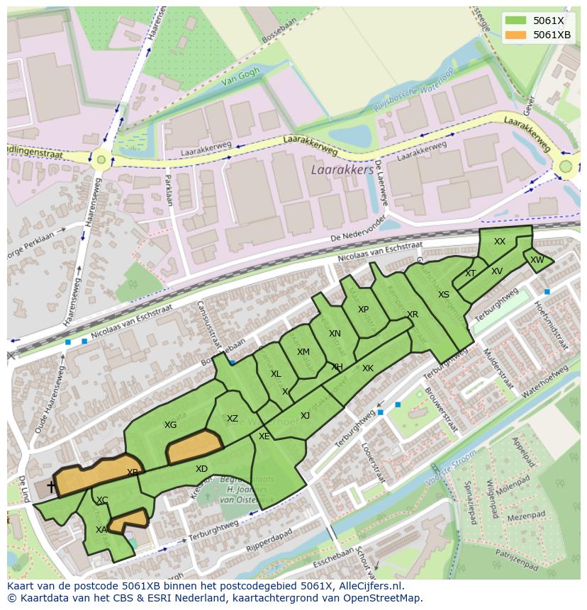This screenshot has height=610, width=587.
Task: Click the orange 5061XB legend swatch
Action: click(x=516, y=35)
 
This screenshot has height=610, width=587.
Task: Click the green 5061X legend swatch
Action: click(x=516, y=21)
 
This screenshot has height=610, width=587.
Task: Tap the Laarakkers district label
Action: click(x=342, y=171)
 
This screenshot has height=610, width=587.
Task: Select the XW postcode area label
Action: click(x=537, y=260)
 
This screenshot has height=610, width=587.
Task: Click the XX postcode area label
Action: click(x=500, y=242)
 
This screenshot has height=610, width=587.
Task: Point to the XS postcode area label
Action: click(x=443, y=295)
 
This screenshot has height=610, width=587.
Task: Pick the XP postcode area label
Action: click(x=363, y=310)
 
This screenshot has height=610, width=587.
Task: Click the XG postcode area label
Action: click(x=170, y=425)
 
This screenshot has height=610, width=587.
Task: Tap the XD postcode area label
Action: click(x=201, y=469)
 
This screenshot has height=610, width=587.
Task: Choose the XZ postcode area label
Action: click(x=233, y=419)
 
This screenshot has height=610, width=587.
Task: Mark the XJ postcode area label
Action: click(x=305, y=416)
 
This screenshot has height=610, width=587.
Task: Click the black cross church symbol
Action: click(x=51, y=487)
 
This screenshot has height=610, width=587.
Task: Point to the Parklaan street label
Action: click(x=169, y=190)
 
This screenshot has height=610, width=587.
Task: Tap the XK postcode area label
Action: click(x=367, y=368)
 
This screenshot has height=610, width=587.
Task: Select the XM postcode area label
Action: click(x=303, y=352)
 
